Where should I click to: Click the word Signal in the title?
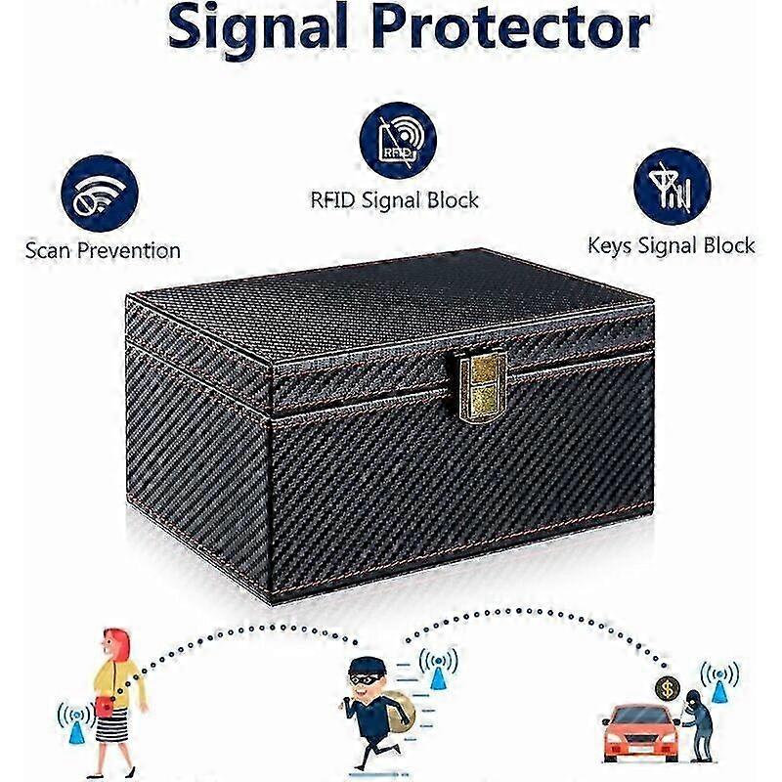point(258,27)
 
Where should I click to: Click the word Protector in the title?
point(511,26)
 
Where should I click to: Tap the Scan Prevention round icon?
point(100,194)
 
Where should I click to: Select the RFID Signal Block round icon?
point(398,140)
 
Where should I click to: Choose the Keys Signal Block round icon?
point(672,187)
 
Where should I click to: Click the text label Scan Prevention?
point(103,250)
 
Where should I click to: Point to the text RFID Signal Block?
point(394,200)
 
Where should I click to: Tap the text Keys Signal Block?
point(671,246)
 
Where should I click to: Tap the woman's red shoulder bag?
point(105,707)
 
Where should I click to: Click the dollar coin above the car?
point(668,689)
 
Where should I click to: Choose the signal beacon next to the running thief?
point(438,669)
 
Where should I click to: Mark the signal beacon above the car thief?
point(719,681)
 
